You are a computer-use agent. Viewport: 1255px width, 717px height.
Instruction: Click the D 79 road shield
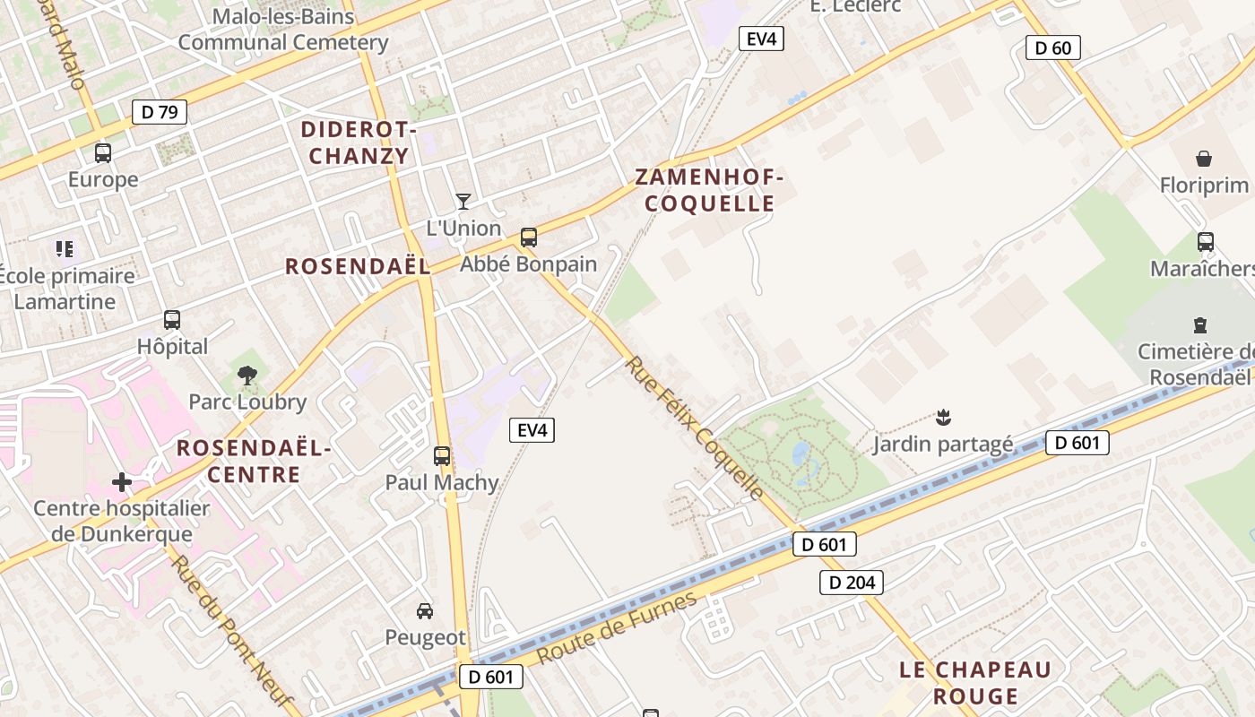(160, 112)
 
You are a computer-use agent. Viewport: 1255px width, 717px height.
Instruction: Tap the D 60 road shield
(1052, 48)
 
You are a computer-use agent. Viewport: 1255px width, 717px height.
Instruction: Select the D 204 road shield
(851, 583)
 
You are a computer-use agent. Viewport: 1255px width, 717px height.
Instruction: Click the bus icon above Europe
(103, 152)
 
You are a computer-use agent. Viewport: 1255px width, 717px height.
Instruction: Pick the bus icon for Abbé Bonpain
(529, 238)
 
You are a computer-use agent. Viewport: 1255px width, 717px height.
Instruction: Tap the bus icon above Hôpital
(172, 320)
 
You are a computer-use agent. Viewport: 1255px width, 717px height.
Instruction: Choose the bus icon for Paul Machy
(442, 456)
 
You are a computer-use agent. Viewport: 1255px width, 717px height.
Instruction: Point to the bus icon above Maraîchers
(1206, 242)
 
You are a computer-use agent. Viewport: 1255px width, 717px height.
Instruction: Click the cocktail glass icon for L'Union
(463, 201)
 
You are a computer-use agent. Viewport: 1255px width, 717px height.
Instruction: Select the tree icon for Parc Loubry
(247, 376)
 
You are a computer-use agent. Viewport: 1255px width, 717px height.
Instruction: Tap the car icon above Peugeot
(425, 611)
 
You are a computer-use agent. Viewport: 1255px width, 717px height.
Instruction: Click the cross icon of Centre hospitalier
(122, 483)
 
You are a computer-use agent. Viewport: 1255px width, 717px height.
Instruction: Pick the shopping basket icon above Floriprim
(1204, 160)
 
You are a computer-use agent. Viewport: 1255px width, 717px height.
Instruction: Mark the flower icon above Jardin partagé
(943, 417)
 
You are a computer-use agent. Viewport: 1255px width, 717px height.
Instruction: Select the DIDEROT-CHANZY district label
(359, 143)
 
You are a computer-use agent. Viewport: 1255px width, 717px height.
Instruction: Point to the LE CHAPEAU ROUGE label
(975, 682)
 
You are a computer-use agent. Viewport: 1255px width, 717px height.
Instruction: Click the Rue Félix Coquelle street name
(695, 428)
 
